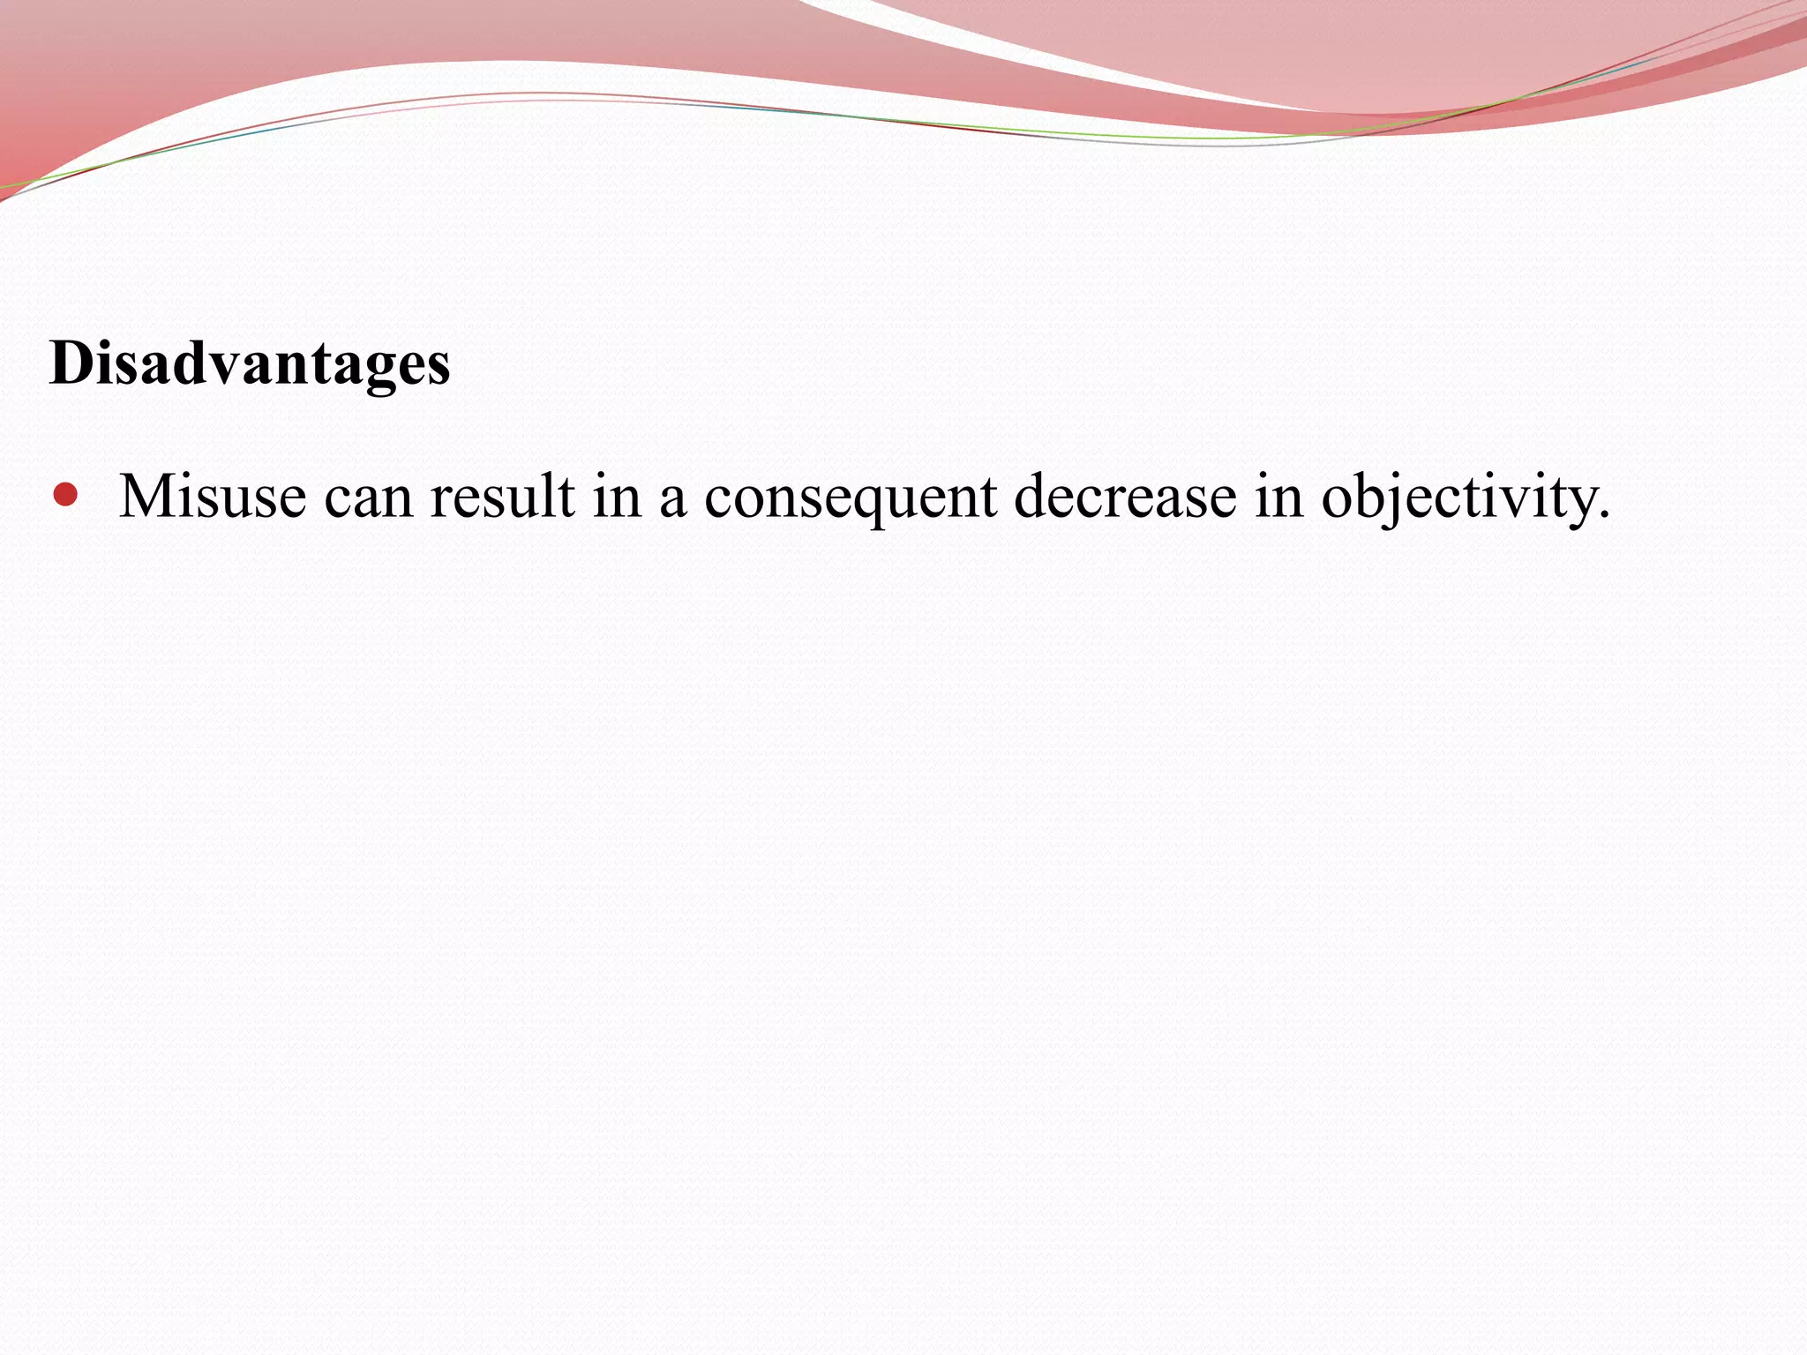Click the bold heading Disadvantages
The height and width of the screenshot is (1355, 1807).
point(250,363)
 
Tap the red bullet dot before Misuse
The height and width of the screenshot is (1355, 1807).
point(65,494)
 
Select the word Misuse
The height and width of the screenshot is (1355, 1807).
point(213,496)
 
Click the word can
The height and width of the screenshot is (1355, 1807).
point(368,498)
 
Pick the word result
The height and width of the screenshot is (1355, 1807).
point(502,496)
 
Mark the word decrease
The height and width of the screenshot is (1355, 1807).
point(1125,496)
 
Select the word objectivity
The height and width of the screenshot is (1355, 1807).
point(1456,498)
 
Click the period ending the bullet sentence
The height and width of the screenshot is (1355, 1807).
point(1603,515)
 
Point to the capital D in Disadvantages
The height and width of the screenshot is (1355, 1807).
point(71,363)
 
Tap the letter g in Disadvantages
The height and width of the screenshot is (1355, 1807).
point(389,371)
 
